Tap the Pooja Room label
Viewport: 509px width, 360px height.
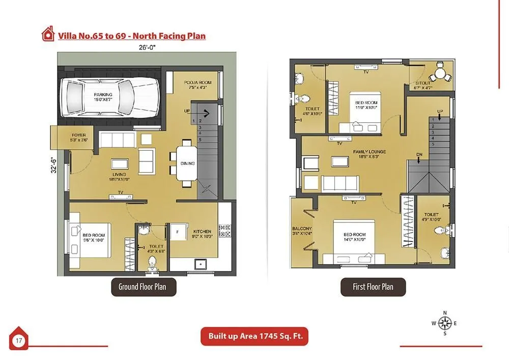click(x=198, y=85)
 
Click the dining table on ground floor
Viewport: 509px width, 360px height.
click(x=184, y=163)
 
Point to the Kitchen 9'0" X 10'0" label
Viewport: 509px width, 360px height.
click(x=202, y=234)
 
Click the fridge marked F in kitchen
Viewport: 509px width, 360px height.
click(x=178, y=232)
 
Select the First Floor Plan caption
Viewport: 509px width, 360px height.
click(x=373, y=287)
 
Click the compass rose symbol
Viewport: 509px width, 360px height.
click(x=445, y=323)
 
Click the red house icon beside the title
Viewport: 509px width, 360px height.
click(x=48, y=34)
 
